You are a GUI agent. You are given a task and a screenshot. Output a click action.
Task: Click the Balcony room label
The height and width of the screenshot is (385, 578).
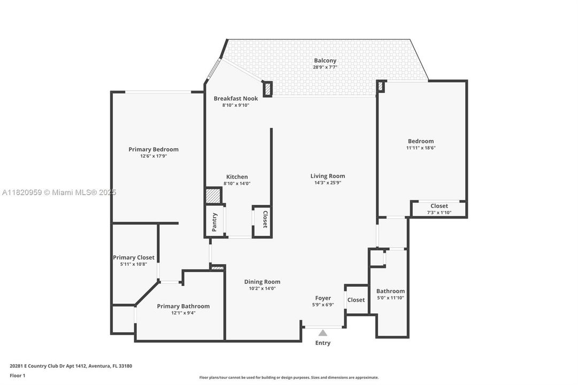(x=325, y=60)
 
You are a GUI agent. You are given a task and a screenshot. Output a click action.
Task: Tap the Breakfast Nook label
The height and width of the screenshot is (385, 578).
(x=236, y=98)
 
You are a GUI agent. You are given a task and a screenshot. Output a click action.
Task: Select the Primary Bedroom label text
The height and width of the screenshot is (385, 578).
(x=153, y=149)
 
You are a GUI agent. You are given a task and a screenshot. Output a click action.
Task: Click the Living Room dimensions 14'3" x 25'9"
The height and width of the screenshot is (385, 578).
(x=328, y=183)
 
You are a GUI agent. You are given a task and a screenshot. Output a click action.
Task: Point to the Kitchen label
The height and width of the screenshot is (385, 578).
(x=237, y=177)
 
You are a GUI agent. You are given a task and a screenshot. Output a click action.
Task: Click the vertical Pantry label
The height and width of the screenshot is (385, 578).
(x=214, y=221)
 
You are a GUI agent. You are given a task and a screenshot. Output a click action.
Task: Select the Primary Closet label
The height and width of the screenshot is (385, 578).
(x=134, y=257)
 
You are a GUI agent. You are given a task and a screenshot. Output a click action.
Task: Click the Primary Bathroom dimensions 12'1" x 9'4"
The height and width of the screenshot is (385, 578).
(x=183, y=313)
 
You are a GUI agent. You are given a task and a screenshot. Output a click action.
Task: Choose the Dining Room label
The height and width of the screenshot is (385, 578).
(x=262, y=282)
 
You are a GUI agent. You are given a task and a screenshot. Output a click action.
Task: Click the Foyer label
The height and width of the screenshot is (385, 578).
(x=323, y=298)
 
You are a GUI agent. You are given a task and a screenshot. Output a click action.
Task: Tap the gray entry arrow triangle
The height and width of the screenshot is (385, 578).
(x=323, y=333)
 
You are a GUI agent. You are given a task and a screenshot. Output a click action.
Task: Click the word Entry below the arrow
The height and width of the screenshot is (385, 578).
(x=323, y=343)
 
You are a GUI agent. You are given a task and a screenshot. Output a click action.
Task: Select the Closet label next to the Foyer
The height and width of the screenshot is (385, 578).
(x=356, y=300)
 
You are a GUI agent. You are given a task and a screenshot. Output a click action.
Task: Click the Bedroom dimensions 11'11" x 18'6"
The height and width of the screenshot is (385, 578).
(x=421, y=148)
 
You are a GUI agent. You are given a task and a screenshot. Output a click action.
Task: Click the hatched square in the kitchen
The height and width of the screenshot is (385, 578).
(x=214, y=196)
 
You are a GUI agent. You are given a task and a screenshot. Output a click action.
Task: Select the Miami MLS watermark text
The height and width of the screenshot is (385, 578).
(x=59, y=192)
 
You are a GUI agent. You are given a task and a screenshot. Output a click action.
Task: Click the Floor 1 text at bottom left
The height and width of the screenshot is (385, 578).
(x=17, y=375)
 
